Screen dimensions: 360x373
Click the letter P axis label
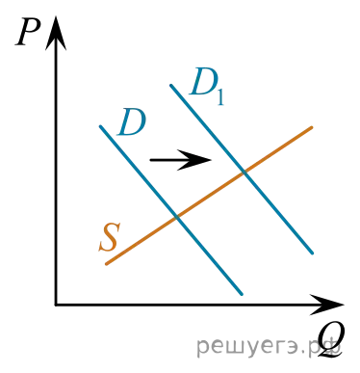[x=28, y=33]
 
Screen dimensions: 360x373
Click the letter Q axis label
[x=331, y=340]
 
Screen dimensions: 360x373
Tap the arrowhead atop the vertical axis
[x=56, y=33]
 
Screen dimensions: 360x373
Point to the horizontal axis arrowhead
[x=326, y=305]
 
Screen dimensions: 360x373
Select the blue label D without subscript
[x=132, y=122]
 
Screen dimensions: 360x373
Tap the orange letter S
[x=110, y=237]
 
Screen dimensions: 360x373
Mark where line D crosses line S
[x=177, y=217]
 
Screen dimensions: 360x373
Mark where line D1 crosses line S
[x=244, y=173]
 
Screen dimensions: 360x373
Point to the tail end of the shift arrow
[x=151, y=160]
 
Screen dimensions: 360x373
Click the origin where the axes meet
[x=56, y=305]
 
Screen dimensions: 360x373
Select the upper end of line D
[x=100, y=126]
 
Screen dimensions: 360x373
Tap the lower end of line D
[x=242, y=294]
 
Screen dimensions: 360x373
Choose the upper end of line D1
[x=171, y=85]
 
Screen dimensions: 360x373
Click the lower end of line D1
[x=312, y=253]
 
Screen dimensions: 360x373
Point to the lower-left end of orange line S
[x=107, y=264]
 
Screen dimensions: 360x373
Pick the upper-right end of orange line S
[x=311, y=128]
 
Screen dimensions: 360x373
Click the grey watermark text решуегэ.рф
[x=269, y=347]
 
